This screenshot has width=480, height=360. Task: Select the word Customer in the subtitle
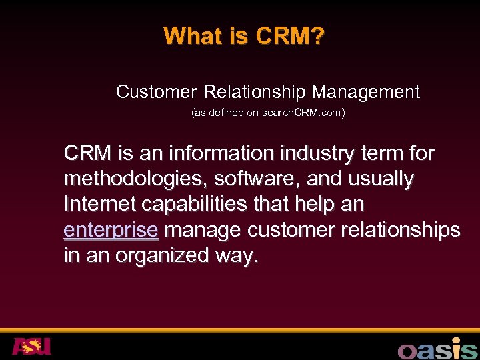(157, 91)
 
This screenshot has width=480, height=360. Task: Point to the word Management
(366, 91)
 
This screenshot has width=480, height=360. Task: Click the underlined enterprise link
(111, 230)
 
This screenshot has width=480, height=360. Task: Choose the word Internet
(97, 205)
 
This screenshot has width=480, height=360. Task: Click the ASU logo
(31, 346)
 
